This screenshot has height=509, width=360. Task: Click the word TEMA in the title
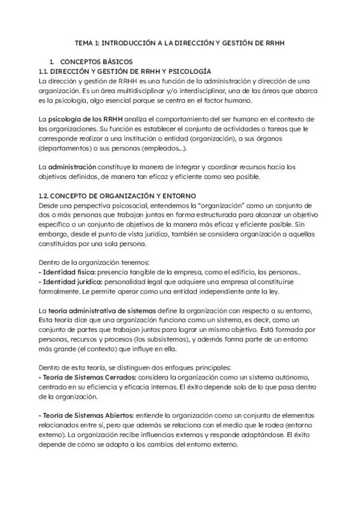[x=84, y=43]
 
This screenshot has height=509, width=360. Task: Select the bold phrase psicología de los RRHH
[x=77, y=120]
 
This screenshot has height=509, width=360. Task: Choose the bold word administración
[x=72, y=166]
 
